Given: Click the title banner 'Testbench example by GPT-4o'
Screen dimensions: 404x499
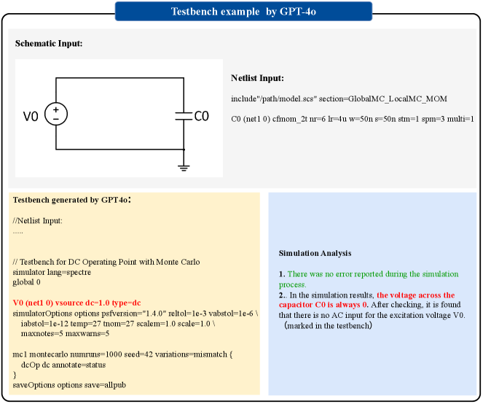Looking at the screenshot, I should click(x=243, y=11).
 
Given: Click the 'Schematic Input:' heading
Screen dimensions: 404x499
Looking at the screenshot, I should click(x=49, y=44).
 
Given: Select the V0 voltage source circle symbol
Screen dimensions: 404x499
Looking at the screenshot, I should click(x=56, y=114).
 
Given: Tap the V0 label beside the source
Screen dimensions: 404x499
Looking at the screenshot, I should click(x=31, y=115).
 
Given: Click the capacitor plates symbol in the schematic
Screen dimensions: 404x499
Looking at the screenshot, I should click(x=182, y=114).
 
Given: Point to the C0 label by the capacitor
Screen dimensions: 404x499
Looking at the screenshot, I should click(x=201, y=115).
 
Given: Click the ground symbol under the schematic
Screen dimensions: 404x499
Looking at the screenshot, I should click(x=184, y=168).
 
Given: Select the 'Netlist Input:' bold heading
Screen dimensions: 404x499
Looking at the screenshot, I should click(x=257, y=78).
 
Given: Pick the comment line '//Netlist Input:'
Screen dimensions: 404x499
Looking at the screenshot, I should click(x=38, y=220).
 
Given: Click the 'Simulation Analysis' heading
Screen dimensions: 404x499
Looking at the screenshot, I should click(x=315, y=253).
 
